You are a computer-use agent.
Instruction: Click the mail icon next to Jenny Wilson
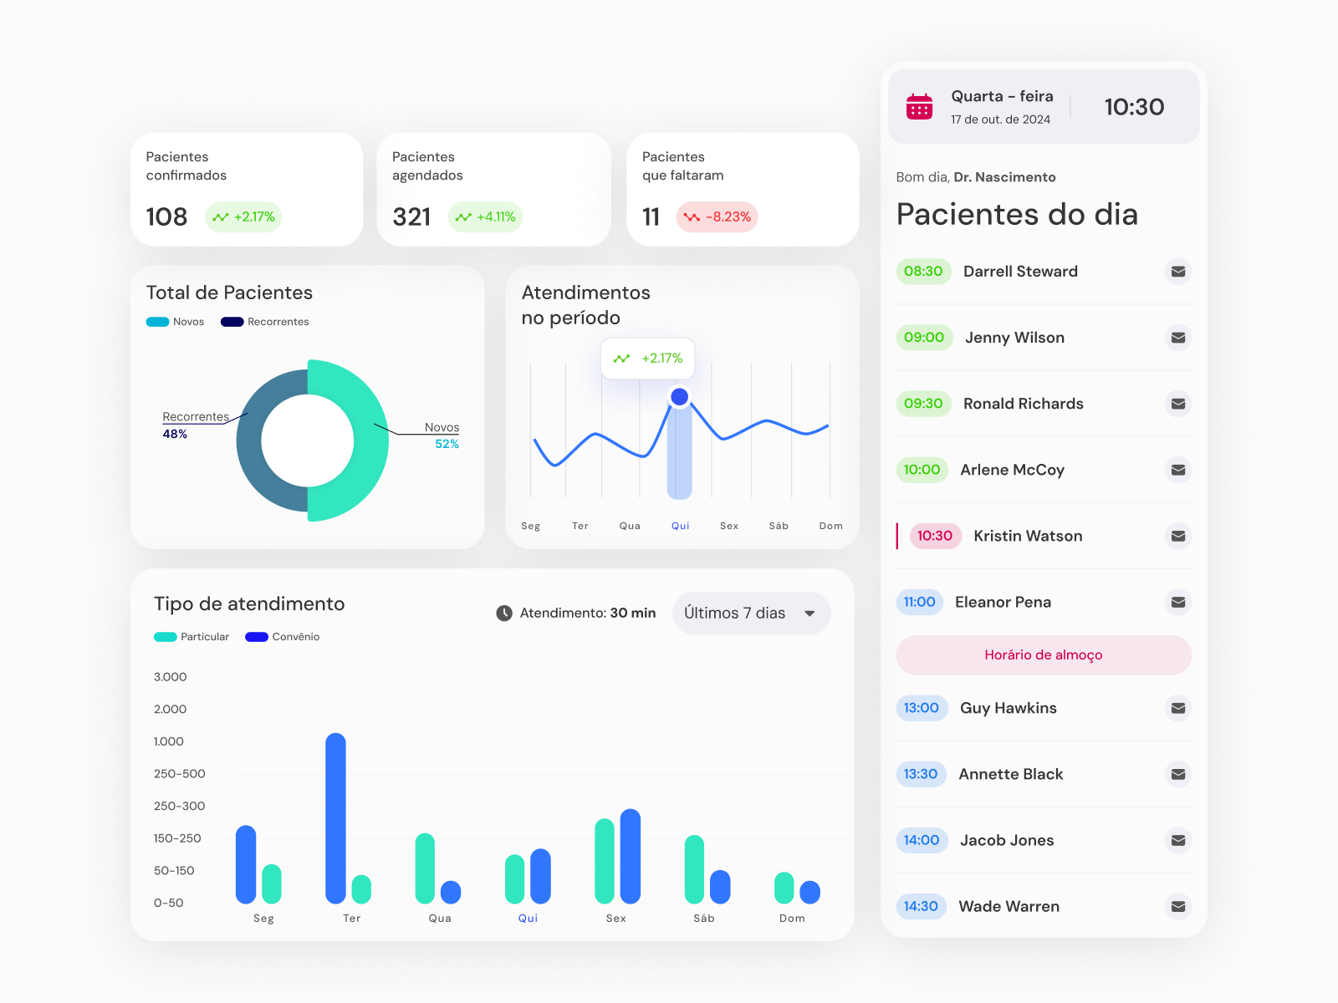[x=1177, y=338]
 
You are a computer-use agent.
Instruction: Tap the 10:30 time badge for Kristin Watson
[x=934, y=536]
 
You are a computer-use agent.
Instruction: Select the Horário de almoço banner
[x=1043, y=655]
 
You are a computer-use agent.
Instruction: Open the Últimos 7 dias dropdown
[x=750, y=613]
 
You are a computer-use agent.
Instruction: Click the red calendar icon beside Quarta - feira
[x=919, y=107]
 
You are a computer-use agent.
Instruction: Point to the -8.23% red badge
[x=718, y=216]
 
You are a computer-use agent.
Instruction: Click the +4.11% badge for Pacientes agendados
[x=485, y=216]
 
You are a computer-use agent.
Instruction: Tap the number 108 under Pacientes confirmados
[x=166, y=217]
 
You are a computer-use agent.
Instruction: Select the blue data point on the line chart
[x=680, y=397]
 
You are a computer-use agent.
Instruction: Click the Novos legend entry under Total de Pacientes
[x=176, y=322]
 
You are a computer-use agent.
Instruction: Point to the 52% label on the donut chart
[x=447, y=444]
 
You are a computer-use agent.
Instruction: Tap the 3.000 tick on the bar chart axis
[x=170, y=677]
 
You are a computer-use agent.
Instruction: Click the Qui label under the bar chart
[x=528, y=918]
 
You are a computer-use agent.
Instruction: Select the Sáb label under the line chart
[x=779, y=526]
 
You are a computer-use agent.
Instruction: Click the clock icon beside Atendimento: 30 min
[x=504, y=613]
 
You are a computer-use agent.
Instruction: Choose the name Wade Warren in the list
[x=1009, y=906]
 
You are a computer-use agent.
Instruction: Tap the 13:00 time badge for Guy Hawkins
[x=921, y=708]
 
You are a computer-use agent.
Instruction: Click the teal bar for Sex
[x=605, y=861]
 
